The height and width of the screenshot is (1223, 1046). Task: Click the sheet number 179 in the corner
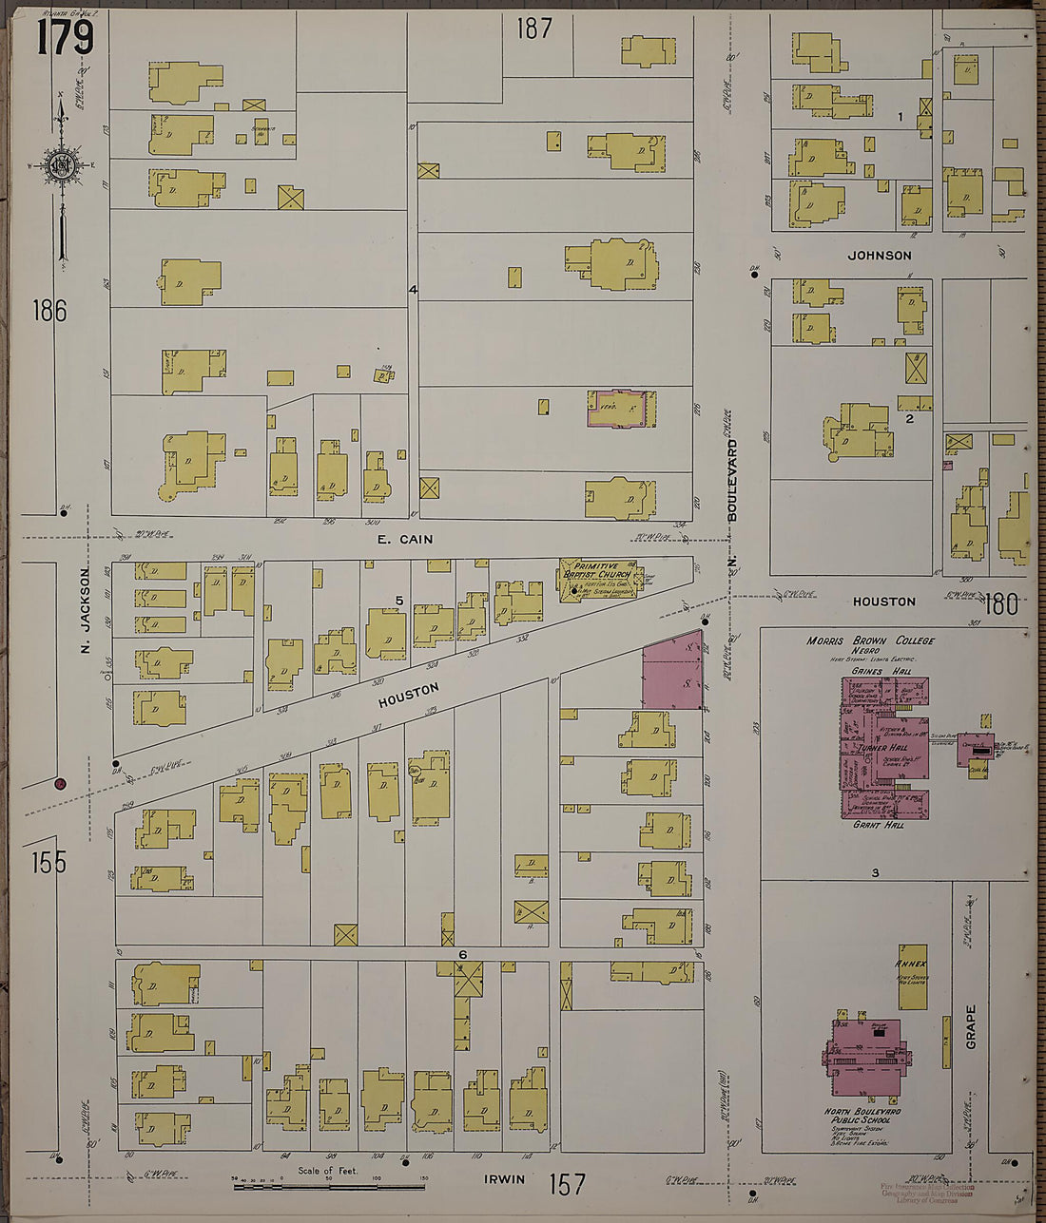(66, 38)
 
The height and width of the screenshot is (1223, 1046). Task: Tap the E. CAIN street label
(404, 540)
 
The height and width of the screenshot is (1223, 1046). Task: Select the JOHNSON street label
(879, 256)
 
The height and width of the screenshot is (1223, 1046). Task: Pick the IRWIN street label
(505, 1182)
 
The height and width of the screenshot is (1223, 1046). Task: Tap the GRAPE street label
(971, 1026)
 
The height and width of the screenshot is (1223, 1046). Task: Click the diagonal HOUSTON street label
(408, 695)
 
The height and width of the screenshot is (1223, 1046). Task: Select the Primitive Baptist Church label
(596, 570)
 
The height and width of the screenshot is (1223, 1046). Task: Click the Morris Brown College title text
(870, 640)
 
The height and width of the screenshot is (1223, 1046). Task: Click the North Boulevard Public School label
(863, 1116)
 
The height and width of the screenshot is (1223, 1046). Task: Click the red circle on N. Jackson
(60, 784)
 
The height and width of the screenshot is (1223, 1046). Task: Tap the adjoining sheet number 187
(534, 29)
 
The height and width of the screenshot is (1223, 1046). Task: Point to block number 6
(462, 954)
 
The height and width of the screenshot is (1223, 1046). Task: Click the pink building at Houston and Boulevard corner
(672, 673)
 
